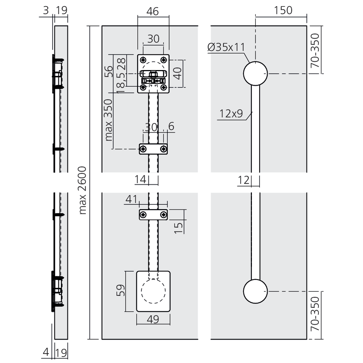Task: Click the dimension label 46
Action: point(152,11)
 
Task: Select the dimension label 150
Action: point(283,11)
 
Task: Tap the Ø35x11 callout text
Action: point(226,47)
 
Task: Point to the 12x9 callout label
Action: point(231,114)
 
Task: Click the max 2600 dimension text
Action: point(82,190)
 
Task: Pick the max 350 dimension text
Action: point(108,120)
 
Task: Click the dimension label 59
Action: point(121,290)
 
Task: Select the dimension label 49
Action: point(153,319)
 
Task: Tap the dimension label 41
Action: point(131,199)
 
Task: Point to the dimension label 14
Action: point(140,179)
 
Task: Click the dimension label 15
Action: point(178,228)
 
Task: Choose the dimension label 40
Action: point(178,73)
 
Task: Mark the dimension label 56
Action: point(109,71)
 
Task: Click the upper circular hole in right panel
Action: point(255,74)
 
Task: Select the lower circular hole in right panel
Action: point(255,291)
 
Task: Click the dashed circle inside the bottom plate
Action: point(153,291)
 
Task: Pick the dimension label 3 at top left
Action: point(46,11)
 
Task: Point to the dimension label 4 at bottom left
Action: point(46,352)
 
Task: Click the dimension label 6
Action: point(171,126)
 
